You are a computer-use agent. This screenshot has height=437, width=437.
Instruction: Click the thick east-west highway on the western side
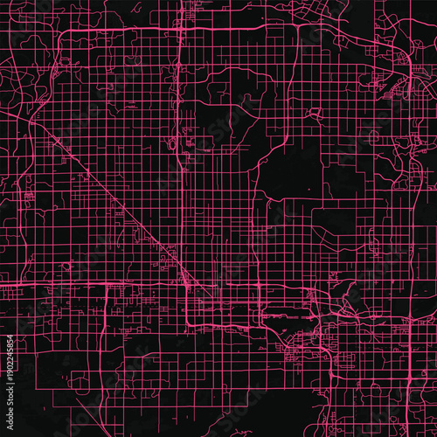pos(52,285)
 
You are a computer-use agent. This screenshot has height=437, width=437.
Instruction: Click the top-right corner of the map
pos(434,3)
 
